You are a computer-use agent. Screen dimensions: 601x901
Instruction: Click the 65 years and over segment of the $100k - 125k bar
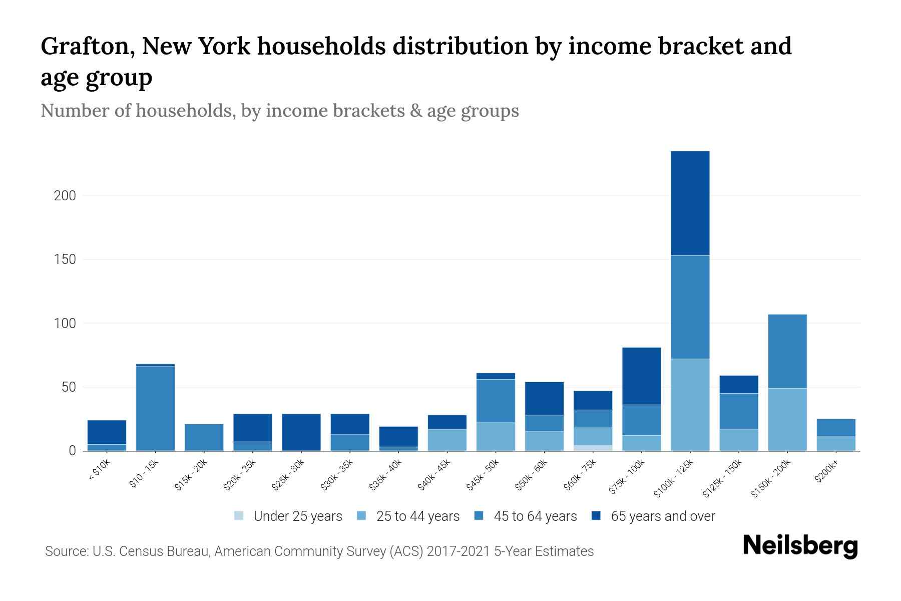click(690, 203)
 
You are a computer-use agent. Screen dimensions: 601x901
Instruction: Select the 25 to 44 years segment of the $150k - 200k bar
click(787, 419)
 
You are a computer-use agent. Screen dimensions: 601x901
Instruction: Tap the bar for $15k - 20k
click(204, 437)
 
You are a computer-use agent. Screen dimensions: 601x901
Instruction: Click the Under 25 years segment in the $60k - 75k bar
click(593, 448)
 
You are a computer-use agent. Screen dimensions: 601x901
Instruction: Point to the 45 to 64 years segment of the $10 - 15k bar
click(155, 408)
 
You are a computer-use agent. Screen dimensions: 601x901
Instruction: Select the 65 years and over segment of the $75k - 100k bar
click(641, 376)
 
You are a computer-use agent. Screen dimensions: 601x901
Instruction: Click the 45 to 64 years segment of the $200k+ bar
click(835, 428)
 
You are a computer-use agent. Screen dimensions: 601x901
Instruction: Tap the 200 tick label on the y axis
click(65, 196)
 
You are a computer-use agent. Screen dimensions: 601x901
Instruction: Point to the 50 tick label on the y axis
click(69, 387)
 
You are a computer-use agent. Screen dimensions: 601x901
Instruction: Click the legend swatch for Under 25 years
click(239, 516)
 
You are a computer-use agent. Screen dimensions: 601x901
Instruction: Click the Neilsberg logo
click(800, 546)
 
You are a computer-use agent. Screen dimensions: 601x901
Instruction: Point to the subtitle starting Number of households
click(279, 111)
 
